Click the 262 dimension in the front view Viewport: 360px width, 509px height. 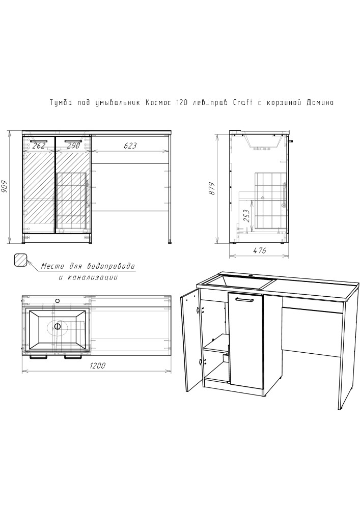tap(39, 146)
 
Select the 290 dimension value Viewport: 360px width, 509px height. tap(73, 146)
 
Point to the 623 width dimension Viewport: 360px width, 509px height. tap(130, 146)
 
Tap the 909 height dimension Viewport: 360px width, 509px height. tap(6, 186)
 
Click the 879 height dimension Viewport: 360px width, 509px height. tap(212, 189)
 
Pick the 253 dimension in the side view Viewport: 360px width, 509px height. tap(246, 216)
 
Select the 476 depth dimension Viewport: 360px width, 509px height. tap(259, 250)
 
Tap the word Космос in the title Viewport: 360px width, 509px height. tap(158, 103)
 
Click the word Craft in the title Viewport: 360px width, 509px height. tap(243, 103)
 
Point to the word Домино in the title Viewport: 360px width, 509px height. tap(320, 103)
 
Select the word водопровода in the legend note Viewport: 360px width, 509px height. tap(110, 267)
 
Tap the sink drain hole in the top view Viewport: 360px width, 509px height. tap(58, 327)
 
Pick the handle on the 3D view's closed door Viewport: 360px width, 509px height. tap(245, 299)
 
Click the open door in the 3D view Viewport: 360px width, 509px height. tap(189, 341)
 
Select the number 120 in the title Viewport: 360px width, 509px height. tap(181, 103)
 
